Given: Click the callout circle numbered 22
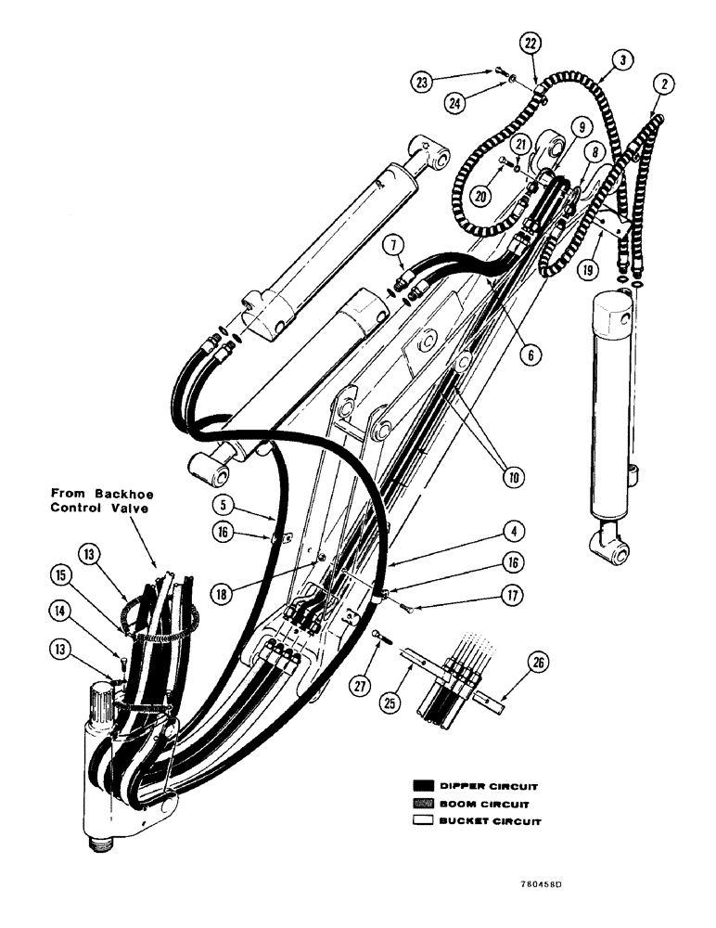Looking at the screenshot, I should (530, 45).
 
